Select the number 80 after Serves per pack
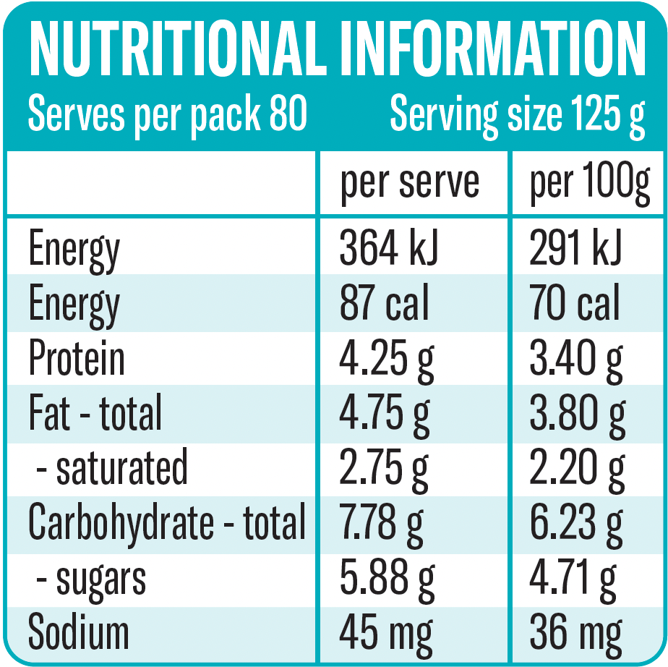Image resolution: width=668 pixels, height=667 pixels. (288, 114)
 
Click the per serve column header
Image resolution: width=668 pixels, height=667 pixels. (410, 182)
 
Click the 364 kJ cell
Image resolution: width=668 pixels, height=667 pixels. (389, 248)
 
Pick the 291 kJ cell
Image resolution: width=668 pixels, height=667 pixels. (575, 248)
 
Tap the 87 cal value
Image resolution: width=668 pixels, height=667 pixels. (384, 302)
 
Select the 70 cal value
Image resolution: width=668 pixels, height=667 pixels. (575, 302)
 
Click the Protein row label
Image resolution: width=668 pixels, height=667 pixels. (77, 359)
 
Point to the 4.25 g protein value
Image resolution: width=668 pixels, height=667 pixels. (387, 359)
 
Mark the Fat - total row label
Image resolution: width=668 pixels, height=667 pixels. (95, 413)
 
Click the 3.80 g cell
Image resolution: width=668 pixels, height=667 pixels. (577, 413)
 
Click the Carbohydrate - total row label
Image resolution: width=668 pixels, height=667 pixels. (167, 522)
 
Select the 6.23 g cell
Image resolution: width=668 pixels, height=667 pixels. (576, 522)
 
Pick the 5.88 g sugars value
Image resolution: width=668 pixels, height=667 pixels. (387, 578)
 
